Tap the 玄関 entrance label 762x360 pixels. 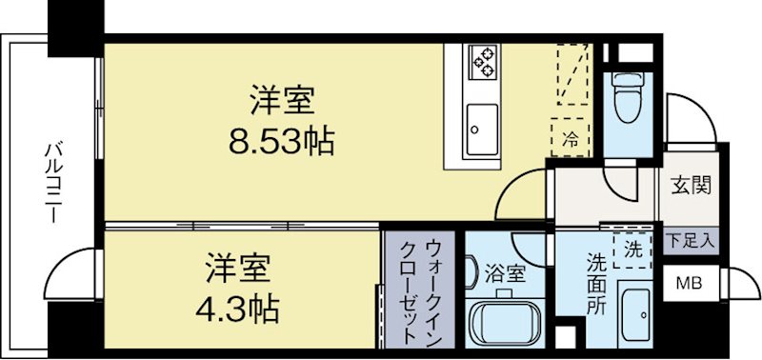click(x=690, y=185)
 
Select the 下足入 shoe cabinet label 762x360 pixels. click(x=691, y=240)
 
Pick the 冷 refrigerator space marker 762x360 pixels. click(x=571, y=136)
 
